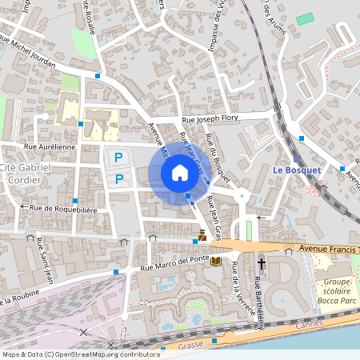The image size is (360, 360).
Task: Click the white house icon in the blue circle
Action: click(x=179, y=172)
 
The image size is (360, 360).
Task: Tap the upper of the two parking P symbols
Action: click(x=118, y=158)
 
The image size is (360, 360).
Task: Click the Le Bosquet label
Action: click(x=296, y=170)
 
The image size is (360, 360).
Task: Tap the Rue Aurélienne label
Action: click(x=50, y=147)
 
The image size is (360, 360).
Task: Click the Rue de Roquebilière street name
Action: click(x=63, y=208)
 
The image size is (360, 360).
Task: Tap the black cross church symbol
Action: click(x=262, y=262)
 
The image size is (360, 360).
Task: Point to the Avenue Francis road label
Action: click(x=327, y=250)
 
